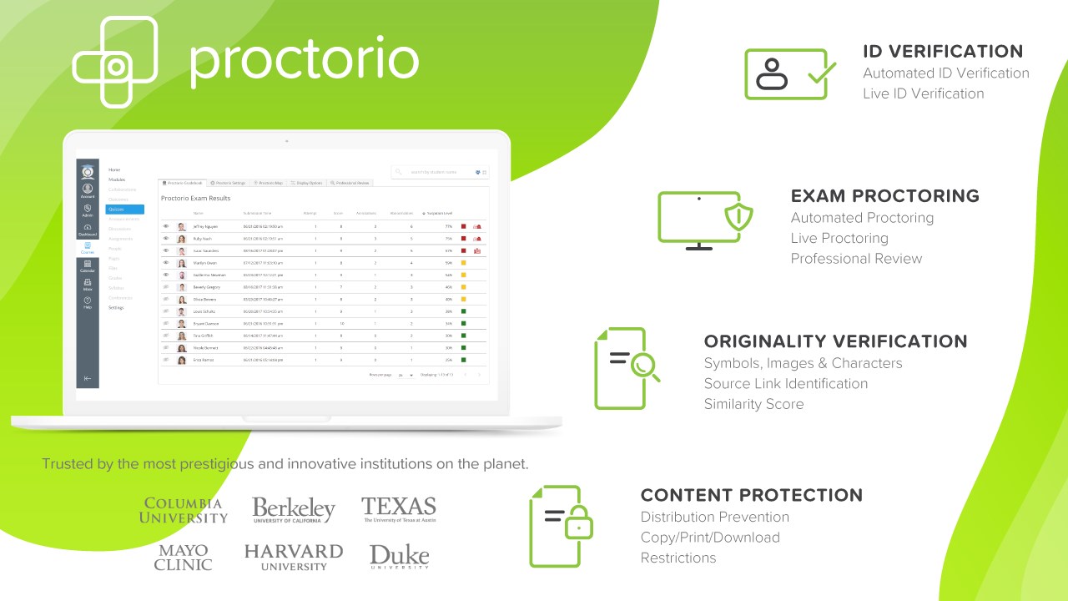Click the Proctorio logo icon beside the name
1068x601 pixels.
tap(115, 62)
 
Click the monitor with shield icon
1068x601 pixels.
tap(706, 220)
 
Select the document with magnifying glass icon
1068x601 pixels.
tap(624, 368)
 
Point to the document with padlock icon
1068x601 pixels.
tap(562, 525)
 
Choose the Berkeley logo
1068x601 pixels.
tap(294, 510)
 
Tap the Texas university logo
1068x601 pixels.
tap(399, 509)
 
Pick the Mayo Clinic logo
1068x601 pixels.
tap(183, 557)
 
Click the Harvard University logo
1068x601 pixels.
tap(294, 557)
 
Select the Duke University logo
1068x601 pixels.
tap(399, 557)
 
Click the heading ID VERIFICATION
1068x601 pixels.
tap(943, 51)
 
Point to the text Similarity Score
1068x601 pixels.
tap(753, 404)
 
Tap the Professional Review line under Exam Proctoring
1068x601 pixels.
tap(856, 259)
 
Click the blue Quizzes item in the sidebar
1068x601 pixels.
tap(124, 210)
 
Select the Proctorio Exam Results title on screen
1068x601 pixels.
tap(195, 199)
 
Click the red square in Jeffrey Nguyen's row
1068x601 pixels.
tap(464, 226)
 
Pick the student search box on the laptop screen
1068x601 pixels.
tap(439, 172)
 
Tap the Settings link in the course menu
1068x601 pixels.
tap(116, 308)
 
